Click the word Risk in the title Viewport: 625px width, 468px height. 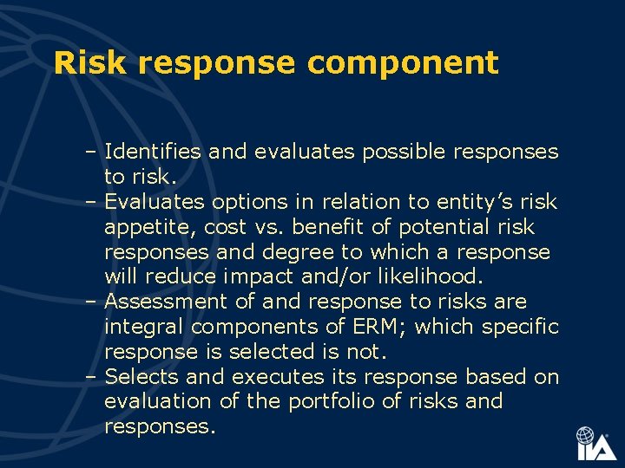click(90, 63)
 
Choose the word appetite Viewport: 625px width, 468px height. click(147, 228)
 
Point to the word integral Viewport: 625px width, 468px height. click(144, 327)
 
